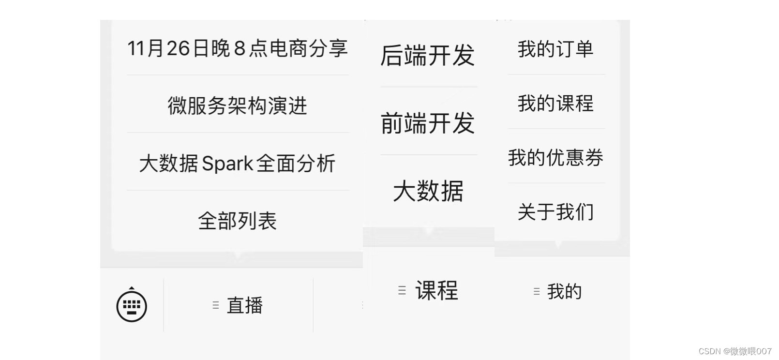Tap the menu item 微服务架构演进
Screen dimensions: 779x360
click(x=237, y=105)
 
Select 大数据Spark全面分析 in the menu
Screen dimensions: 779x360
click(x=237, y=163)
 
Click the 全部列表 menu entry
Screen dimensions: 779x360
click(x=237, y=221)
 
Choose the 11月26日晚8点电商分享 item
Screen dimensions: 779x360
click(x=237, y=48)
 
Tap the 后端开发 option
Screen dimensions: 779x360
click(x=428, y=55)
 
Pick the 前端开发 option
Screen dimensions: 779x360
click(x=428, y=123)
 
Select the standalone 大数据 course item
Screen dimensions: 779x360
click(x=428, y=191)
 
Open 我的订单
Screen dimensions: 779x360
click(x=555, y=49)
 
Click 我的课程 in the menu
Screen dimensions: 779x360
click(x=555, y=103)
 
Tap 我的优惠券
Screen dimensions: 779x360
click(x=555, y=158)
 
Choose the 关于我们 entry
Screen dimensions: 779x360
click(x=555, y=212)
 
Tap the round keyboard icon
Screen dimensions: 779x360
click(x=132, y=306)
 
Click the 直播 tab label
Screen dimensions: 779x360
click(x=245, y=305)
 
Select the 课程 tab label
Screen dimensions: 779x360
click(x=436, y=290)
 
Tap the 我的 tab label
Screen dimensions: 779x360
click(x=564, y=291)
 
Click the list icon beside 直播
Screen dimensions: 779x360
click(x=216, y=305)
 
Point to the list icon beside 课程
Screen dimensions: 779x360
click(x=402, y=290)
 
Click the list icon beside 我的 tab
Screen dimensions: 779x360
click(x=536, y=291)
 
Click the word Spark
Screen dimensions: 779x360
click(x=227, y=164)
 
